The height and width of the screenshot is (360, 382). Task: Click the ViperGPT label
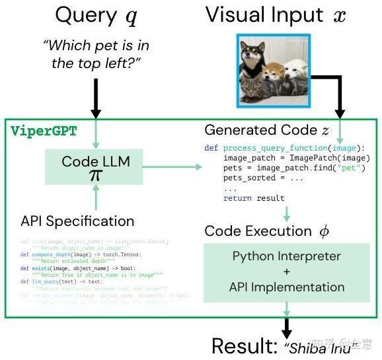[44, 131]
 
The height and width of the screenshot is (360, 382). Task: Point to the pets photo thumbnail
[273, 70]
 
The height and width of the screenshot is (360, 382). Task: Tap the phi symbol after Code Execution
[324, 231]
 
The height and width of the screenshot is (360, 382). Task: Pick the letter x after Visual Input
[340, 16]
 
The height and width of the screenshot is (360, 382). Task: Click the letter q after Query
[131, 18]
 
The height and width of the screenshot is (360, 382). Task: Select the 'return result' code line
[254, 198]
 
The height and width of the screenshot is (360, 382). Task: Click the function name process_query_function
[276, 148]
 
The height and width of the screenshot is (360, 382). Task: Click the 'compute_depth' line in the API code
[69, 254]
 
